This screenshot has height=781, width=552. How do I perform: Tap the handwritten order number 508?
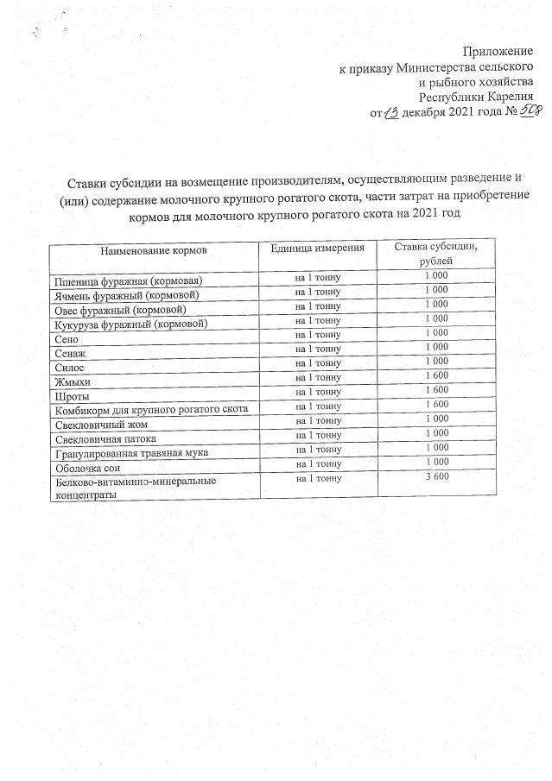coord(518,112)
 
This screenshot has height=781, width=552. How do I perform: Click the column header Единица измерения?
coord(318,248)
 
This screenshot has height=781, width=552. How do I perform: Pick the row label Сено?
coord(67,339)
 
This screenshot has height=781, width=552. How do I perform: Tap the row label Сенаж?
coord(70,354)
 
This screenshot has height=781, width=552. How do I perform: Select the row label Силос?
coord(69,368)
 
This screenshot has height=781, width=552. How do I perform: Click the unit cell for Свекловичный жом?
coord(318,419)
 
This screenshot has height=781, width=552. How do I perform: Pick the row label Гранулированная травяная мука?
coord(130,452)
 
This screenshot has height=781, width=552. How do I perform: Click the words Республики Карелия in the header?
coord(480,98)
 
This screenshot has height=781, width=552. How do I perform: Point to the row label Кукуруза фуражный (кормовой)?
coord(130,324)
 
